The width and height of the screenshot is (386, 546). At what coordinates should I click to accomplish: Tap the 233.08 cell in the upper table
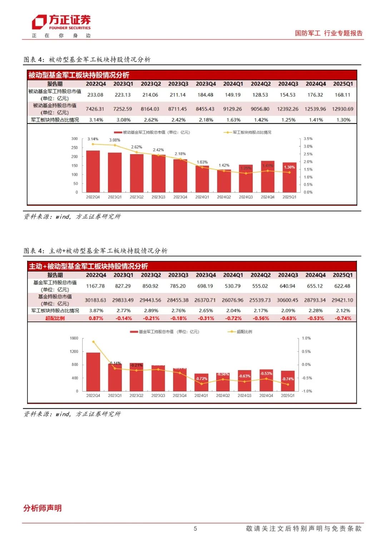pyautogui.click(x=95, y=95)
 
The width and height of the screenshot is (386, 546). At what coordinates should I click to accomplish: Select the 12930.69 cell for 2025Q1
pyautogui.click(x=342, y=109)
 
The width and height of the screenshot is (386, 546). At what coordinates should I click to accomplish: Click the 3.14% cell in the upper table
pyautogui.click(x=96, y=120)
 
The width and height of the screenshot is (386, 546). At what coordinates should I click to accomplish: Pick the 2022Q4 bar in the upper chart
pyautogui.click(x=93, y=172)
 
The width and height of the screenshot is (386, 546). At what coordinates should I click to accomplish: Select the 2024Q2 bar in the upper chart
pyautogui.click(x=224, y=181)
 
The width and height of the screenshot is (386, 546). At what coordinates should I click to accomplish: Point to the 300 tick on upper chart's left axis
pyautogui.click(x=74, y=139)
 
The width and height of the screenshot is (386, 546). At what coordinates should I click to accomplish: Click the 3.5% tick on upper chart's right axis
pyautogui.click(x=308, y=139)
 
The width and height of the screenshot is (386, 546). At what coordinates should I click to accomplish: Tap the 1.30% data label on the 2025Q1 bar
pyautogui.click(x=289, y=167)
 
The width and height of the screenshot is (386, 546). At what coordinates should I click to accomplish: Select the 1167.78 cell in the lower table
pyautogui.click(x=95, y=286)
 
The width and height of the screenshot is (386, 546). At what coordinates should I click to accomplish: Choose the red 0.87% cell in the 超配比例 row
pyautogui.click(x=96, y=318)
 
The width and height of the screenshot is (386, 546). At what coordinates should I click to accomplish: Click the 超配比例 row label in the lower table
pyautogui.click(x=55, y=318)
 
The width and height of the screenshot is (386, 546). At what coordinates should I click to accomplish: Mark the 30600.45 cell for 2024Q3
pyautogui.click(x=287, y=300)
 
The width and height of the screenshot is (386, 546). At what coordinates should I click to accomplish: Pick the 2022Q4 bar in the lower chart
pyautogui.click(x=93, y=372)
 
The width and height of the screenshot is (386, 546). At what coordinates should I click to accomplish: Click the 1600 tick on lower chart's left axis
pyautogui.click(x=74, y=338)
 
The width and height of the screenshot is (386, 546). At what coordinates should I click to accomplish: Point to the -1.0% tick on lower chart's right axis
pyautogui.click(x=307, y=391)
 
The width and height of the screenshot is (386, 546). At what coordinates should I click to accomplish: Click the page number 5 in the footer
pyautogui.click(x=195, y=528)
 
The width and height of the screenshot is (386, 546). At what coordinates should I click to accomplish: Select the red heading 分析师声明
pyautogui.click(x=43, y=508)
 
